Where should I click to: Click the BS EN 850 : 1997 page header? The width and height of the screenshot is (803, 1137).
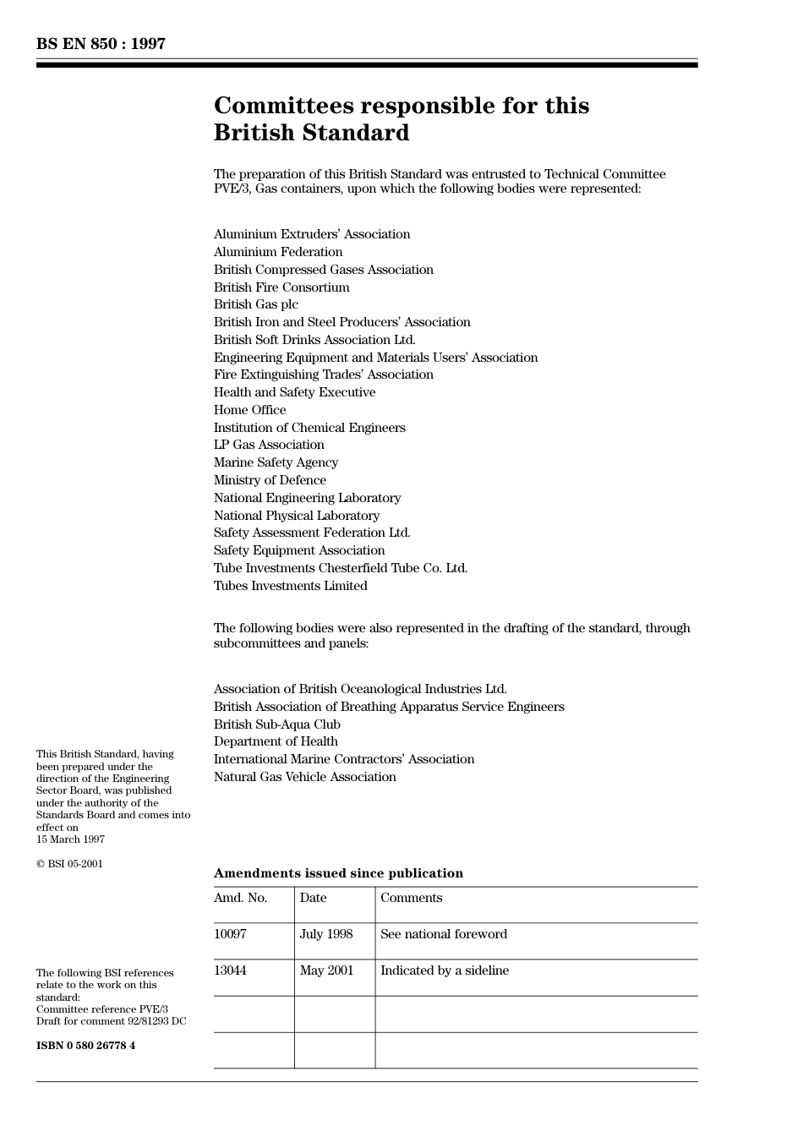point(101,44)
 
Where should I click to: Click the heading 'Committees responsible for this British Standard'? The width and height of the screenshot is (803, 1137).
point(401,119)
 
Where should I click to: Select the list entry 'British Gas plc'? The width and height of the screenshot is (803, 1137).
point(255,304)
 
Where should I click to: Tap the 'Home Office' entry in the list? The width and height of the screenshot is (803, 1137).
point(249,410)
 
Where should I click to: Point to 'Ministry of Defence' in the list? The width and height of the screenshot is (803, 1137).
point(270,480)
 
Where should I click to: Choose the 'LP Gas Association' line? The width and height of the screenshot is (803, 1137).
point(269,445)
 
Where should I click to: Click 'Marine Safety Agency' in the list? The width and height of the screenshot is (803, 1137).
point(276,462)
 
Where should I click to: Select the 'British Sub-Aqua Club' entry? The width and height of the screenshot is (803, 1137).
point(276,724)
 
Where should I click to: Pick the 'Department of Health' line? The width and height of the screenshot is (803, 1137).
point(276,741)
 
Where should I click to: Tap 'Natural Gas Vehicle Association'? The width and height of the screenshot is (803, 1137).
point(304,777)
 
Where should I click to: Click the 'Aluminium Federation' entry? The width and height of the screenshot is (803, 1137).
point(278,252)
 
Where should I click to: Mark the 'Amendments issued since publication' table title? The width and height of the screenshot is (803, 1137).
point(338,873)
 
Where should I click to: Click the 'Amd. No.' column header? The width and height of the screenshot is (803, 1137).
point(240,898)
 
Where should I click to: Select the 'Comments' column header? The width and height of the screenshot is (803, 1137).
point(411,898)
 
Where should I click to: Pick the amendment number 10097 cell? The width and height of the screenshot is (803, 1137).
point(230,934)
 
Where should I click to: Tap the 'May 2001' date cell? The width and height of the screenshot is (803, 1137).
point(326,970)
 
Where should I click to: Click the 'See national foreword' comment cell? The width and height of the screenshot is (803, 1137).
point(443,934)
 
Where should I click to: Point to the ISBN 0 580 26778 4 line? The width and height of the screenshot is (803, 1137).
point(85,1046)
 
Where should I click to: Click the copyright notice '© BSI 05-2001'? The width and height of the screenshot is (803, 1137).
point(69,864)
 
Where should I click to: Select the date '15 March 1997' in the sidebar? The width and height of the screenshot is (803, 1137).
point(70,839)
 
